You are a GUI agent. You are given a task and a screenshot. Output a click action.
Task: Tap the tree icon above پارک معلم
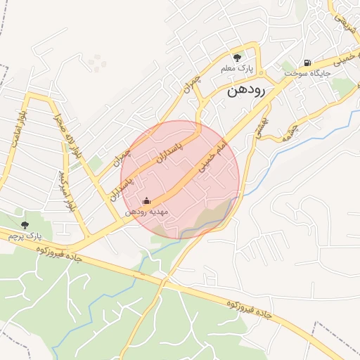[237, 57]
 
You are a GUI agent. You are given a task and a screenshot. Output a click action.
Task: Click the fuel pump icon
[307, 62]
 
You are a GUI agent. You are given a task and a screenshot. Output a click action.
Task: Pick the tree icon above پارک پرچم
[25, 225]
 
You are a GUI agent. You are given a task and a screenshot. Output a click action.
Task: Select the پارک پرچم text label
[25, 236]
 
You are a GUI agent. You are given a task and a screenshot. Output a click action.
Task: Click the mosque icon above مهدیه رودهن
[146, 200]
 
